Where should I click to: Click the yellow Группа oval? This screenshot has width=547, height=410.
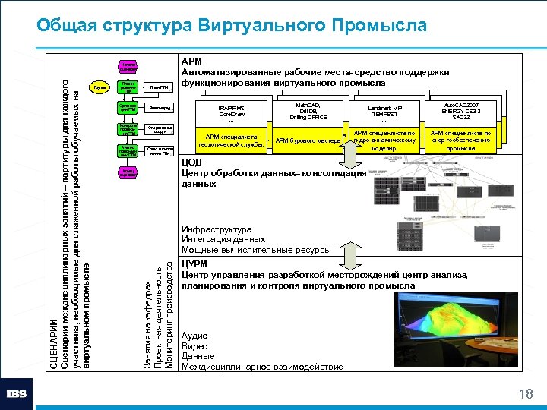point(98,87)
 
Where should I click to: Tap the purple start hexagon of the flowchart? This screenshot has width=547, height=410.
point(128,68)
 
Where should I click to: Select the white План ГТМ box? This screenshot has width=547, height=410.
point(159,87)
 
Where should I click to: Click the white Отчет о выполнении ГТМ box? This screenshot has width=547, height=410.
point(159,150)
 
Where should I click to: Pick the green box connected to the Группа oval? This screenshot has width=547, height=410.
point(128,87)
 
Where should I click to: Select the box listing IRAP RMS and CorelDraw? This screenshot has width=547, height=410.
point(231,114)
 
